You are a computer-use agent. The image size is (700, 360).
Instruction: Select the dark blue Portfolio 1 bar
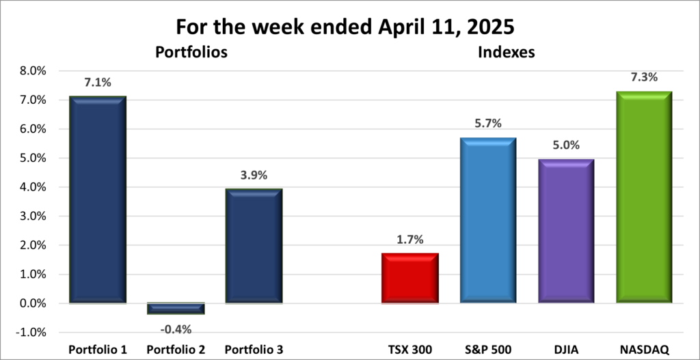pos(97,199)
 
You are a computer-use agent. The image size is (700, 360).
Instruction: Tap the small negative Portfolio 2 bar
pos(175,308)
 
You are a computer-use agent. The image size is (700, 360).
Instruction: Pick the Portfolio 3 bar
pos(253,246)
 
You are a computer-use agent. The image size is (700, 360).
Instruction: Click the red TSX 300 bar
pos(409,278)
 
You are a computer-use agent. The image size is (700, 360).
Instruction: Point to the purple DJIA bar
pos(565,231)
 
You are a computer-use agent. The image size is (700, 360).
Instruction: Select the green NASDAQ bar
pos(643,197)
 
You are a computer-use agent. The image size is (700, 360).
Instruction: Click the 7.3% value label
pos(643,77)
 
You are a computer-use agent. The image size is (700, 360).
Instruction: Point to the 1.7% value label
pos(409,240)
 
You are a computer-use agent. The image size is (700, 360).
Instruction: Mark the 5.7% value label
pos(487,124)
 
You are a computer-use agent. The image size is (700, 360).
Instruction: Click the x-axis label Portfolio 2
pos(175,349)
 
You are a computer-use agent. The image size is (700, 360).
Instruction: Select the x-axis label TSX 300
pos(408,349)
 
